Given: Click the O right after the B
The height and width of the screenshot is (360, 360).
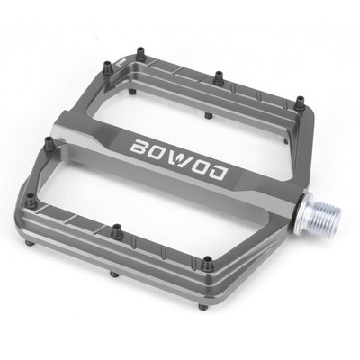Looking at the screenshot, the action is [x=157, y=153].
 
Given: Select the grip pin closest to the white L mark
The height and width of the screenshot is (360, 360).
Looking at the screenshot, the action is [x=107, y=67].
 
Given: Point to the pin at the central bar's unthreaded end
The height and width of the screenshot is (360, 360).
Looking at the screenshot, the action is [x=49, y=143].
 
